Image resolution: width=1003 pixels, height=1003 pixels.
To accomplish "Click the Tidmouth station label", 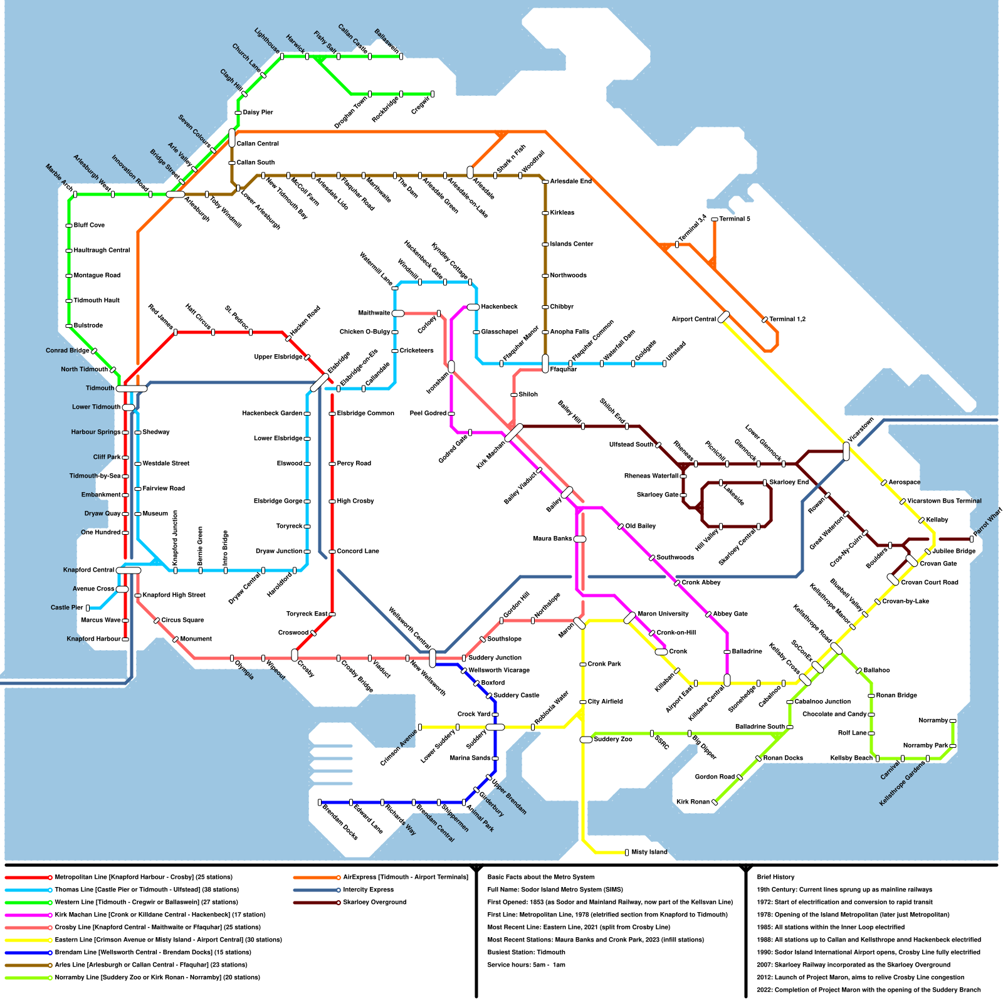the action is pyautogui.click(x=100, y=388).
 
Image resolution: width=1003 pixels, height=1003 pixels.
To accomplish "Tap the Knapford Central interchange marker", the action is pyautogui.click(x=129, y=570).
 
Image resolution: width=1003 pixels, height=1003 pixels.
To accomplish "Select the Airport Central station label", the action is pyautogui.click(x=693, y=319).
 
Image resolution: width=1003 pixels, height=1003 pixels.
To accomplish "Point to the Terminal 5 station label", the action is pyautogui.click(x=734, y=219).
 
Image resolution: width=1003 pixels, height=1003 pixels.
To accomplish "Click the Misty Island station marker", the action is pyautogui.click(x=627, y=852).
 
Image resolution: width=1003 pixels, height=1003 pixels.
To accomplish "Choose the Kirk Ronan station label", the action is pyautogui.click(x=693, y=802).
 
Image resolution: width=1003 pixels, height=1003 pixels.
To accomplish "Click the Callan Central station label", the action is pyautogui.click(x=258, y=144).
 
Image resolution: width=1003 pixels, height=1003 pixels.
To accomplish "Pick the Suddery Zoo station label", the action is pyautogui.click(x=612, y=739).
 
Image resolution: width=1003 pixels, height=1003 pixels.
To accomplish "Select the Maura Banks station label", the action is pyautogui.click(x=552, y=538).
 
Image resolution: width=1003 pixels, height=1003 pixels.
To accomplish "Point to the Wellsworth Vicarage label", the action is pyautogui.click(x=499, y=670).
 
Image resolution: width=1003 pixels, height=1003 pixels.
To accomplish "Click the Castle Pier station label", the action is pyautogui.click(x=67, y=607).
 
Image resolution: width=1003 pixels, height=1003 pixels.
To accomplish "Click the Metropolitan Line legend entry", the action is pyautogui.click(x=143, y=877).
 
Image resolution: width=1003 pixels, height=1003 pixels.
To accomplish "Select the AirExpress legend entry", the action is pyautogui.click(x=405, y=877).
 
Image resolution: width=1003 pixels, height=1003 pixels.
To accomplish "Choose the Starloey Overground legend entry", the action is pyautogui.click(x=374, y=902).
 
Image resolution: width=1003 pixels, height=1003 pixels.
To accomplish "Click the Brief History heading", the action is pyautogui.click(x=775, y=877).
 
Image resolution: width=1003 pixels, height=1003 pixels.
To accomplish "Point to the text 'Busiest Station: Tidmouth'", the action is pyautogui.click(x=526, y=952).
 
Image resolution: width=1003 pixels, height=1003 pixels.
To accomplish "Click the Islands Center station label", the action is pyautogui.click(x=571, y=244).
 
